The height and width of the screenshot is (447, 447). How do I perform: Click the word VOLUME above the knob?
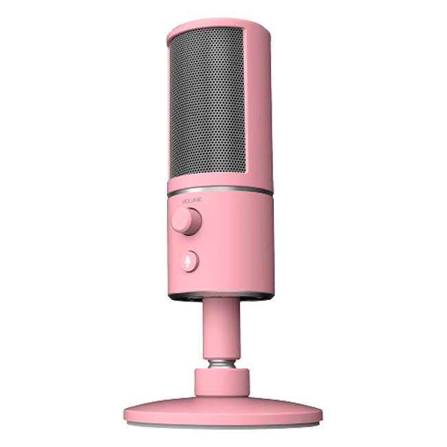192,200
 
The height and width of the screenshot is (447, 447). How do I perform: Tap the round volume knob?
186,221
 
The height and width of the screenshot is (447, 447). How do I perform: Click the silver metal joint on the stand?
222,364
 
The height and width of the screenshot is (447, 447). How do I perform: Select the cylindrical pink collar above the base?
222,382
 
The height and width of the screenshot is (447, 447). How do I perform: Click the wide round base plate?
223,411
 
